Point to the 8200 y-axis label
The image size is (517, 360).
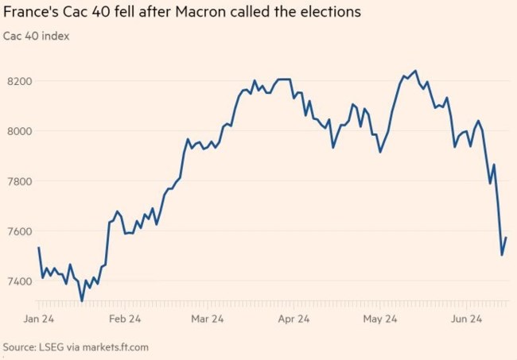click(x=19, y=81)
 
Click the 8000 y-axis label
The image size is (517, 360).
click(x=19, y=131)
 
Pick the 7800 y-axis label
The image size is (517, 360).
click(x=19, y=181)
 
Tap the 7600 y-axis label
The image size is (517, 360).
click(x=19, y=231)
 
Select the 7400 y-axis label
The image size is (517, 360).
click(x=19, y=281)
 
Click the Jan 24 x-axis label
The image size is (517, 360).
click(x=38, y=319)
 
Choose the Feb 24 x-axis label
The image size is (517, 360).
click(x=125, y=319)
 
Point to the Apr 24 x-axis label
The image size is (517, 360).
click(x=293, y=319)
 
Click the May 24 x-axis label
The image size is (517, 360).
click(x=379, y=319)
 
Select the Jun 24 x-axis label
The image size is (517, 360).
click(x=465, y=319)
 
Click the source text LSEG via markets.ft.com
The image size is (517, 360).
click(x=76, y=347)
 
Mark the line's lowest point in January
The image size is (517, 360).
click(x=82, y=300)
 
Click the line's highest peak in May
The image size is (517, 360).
click(x=415, y=71)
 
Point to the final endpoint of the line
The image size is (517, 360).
click(x=506, y=238)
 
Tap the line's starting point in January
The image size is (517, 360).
click(x=38, y=248)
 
